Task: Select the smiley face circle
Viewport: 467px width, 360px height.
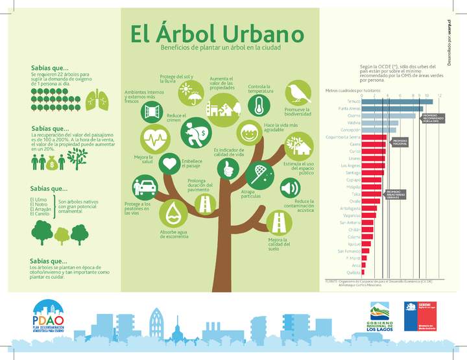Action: (248, 134)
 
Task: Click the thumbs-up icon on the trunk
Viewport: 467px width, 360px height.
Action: (228, 169)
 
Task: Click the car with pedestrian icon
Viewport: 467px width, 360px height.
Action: (145, 188)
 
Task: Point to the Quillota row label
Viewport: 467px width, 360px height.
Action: (353, 273)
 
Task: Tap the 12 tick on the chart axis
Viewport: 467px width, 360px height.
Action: (440, 96)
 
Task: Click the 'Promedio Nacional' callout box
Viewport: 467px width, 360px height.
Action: (399, 141)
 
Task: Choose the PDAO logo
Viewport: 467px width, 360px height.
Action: (49, 317)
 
